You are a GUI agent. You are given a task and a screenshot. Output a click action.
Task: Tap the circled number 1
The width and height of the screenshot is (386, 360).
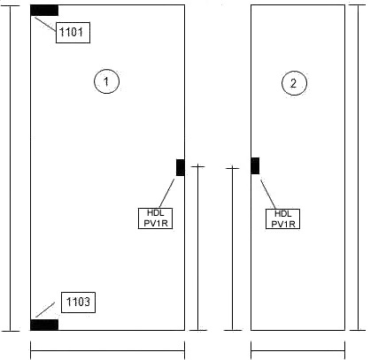click(x=106, y=81)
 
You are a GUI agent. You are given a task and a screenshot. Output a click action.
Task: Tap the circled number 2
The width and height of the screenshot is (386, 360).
click(x=294, y=83)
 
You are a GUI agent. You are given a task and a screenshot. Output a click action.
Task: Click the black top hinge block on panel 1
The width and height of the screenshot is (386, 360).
click(x=44, y=11)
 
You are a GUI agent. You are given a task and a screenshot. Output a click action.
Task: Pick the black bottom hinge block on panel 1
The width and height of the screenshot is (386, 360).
click(x=44, y=325)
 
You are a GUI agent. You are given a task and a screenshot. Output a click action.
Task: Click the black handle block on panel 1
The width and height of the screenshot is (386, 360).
click(x=181, y=167)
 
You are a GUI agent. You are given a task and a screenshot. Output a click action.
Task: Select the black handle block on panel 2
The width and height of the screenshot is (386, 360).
click(x=255, y=165)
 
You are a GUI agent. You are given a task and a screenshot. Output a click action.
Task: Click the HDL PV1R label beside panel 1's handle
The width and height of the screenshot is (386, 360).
click(x=155, y=218)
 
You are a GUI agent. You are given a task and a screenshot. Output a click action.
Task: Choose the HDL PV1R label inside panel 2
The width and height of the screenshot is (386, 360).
click(x=282, y=219)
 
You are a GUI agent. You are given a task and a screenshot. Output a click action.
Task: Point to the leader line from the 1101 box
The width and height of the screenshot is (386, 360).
click(x=45, y=24)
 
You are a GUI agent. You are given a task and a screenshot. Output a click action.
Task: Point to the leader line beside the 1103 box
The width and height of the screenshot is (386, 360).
click(x=45, y=310)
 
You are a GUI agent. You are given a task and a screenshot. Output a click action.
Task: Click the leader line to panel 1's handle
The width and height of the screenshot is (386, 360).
click(x=167, y=193)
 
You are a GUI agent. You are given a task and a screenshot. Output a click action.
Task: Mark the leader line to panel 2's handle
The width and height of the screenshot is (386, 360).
click(x=268, y=195)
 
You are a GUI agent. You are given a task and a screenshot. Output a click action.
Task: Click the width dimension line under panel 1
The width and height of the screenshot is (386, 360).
click(x=108, y=351)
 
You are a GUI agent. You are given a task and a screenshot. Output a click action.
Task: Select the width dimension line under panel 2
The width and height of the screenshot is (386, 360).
click(x=298, y=351)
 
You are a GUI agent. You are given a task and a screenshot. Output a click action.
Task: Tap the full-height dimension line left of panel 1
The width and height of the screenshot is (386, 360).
click(x=11, y=168)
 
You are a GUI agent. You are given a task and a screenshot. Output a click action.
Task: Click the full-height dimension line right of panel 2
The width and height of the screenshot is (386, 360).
click(x=359, y=167)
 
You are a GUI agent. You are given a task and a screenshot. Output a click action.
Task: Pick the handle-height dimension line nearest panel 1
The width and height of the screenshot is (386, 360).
click(x=197, y=249)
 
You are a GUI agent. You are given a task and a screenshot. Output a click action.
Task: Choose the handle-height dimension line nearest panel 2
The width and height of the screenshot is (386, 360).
click(x=233, y=249)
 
